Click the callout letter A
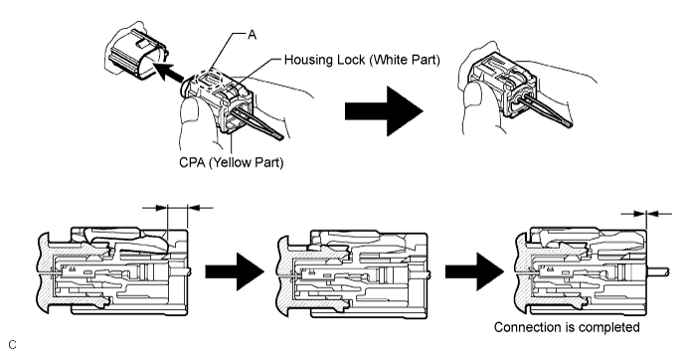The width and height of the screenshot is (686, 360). (252, 35)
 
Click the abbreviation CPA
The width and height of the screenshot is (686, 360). (192, 162)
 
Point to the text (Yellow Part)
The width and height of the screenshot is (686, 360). (247, 163)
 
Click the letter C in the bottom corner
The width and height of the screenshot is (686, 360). (12, 345)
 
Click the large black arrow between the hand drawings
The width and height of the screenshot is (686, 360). (384, 111)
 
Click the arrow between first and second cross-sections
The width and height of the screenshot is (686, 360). (235, 271)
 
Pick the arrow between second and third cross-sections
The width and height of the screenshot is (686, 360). (475, 271)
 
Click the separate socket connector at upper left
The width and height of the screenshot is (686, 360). (137, 55)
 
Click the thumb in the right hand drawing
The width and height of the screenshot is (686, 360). (472, 105)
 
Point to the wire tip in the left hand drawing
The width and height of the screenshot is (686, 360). (280, 137)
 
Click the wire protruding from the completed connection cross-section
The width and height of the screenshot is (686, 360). (657, 271)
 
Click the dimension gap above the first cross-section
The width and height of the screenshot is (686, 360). (178, 208)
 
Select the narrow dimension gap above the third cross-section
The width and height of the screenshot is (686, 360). (646, 214)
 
